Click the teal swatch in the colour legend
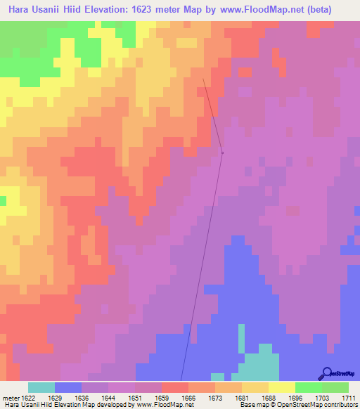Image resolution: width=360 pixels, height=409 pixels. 41,387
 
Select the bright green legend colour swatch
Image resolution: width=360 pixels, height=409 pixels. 309,387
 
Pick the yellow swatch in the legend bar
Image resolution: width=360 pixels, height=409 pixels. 282,387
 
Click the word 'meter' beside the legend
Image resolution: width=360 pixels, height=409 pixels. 10,397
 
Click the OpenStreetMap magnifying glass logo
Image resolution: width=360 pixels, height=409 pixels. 327,373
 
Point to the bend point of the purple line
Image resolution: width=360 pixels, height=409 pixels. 222,152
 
